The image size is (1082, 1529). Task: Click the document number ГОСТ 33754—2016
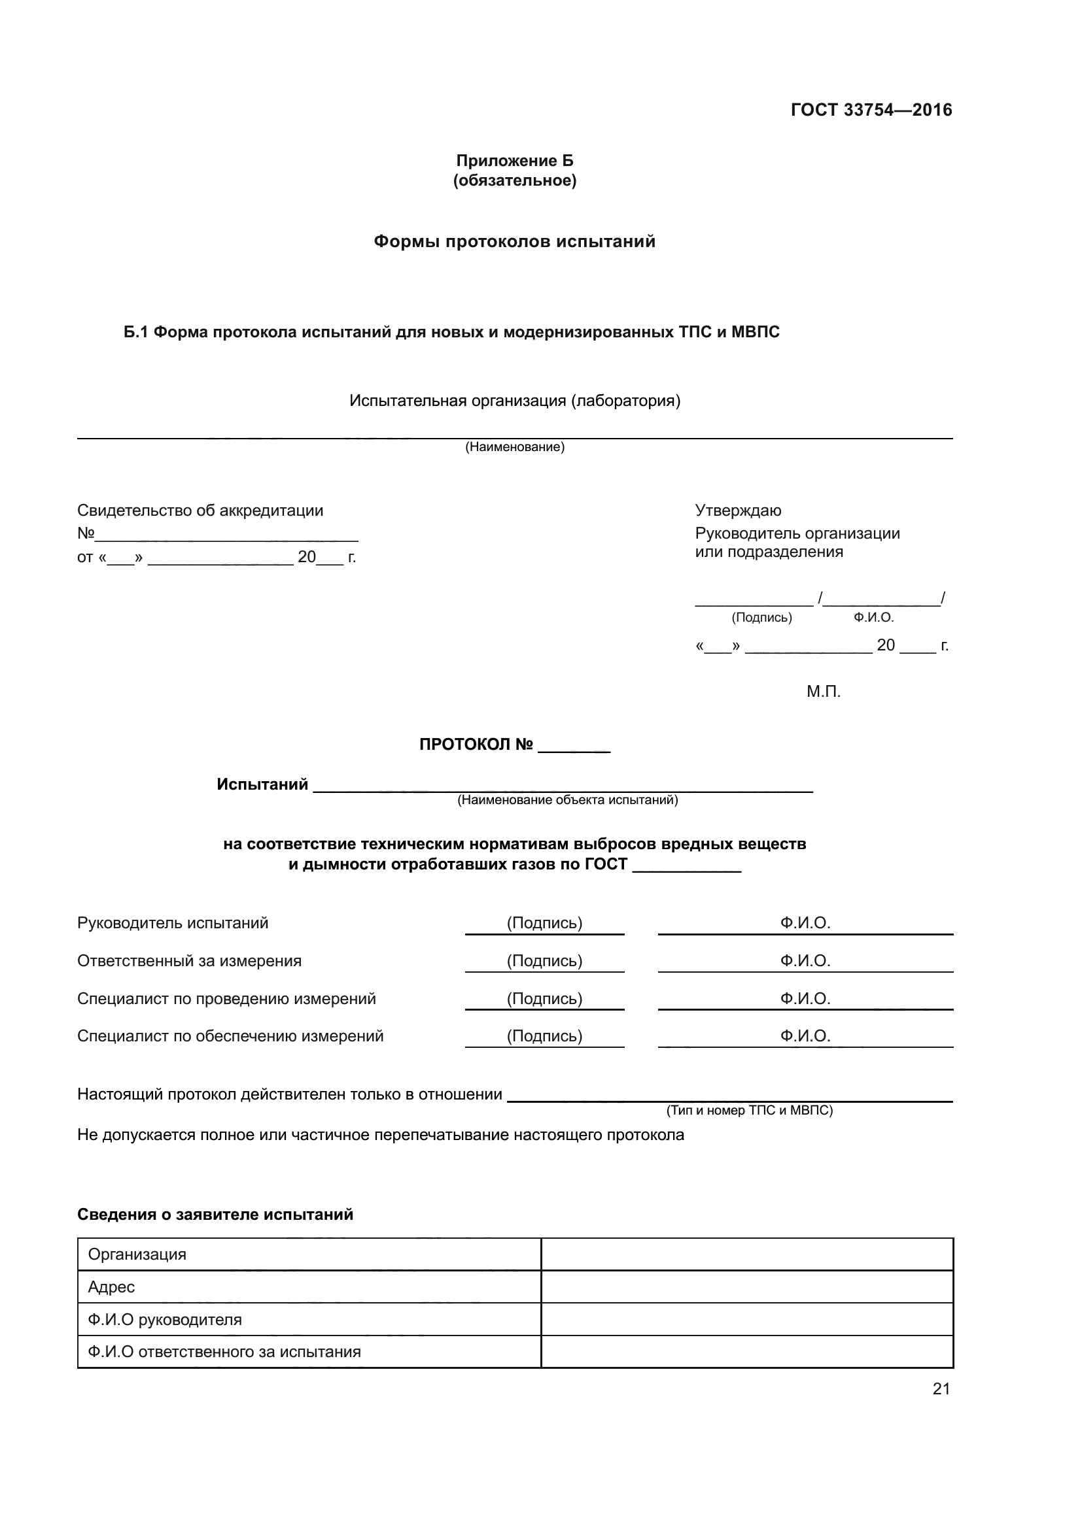click(871, 110)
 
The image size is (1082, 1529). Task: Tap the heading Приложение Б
click(514, 161)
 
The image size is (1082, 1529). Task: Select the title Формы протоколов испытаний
click(514, 241)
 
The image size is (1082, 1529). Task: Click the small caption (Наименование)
click(514, 447)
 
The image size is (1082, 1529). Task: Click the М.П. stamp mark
click(824, 691)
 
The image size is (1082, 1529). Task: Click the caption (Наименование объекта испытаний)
click(567, 799)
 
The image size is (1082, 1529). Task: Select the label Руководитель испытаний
click(173, 923)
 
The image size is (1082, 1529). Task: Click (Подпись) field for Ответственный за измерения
click(544, 961)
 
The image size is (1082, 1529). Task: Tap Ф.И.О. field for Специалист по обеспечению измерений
click(805, 1036)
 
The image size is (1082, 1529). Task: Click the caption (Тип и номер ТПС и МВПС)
click(749, 1110)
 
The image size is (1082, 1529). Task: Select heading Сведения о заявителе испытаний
click(215, 1214)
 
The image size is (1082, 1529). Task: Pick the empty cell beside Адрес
click(746, 1286)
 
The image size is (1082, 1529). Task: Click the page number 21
click(941, 1388)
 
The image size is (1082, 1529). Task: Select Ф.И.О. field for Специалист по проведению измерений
click(805, 999)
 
